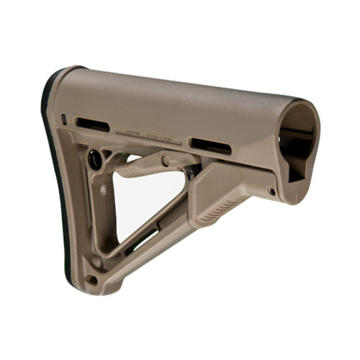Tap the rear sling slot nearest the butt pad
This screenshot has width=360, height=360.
92,124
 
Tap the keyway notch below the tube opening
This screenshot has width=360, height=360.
295,169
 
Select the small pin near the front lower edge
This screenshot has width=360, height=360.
271,192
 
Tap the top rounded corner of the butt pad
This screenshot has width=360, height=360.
61,76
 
